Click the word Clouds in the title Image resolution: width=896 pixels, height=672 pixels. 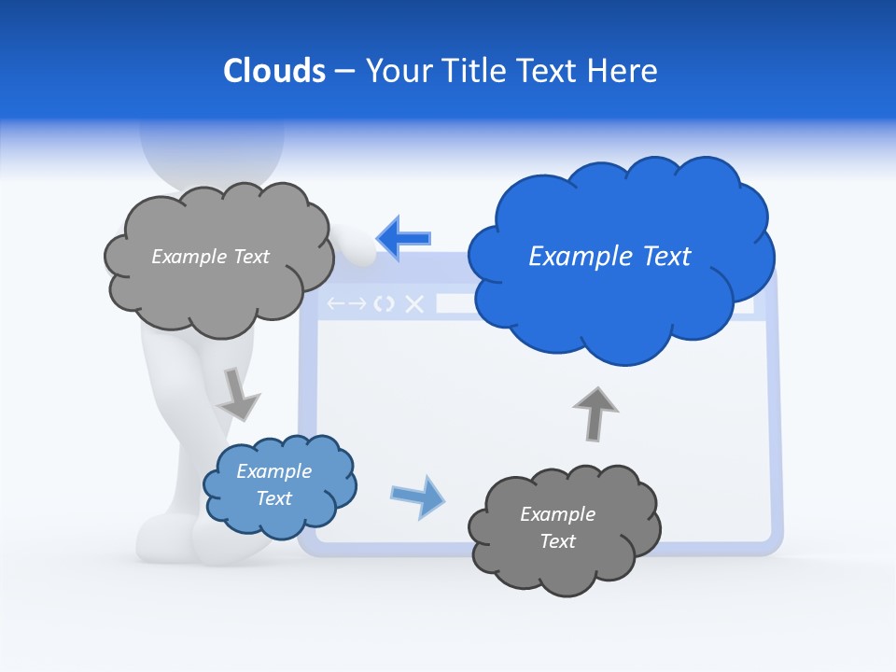tap(273, 71)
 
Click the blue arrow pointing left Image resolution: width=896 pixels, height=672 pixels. tap(403, 237)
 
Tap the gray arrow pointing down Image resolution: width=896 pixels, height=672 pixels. tap(238, 395)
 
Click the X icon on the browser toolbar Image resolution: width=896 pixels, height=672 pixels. tap(414, 303)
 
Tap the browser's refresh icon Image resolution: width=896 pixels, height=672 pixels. tap(384, 303)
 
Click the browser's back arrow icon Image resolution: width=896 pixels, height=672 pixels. tap(335, 303)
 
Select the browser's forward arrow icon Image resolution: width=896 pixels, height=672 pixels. tap(357, 303)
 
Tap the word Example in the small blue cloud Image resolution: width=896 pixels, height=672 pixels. tap(273, 471)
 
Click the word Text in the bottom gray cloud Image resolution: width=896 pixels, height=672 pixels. tap(557, 541)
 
